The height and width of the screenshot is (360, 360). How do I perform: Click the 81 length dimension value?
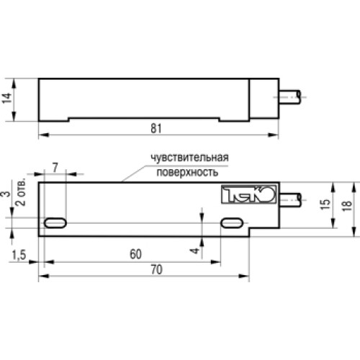point(156,129)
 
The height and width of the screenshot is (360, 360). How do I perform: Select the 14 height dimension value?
point(7,98)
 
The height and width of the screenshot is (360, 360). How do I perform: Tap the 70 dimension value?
point(156,269)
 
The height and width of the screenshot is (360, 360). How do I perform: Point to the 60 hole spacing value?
point(135,254)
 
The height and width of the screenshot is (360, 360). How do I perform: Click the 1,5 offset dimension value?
point(19,255)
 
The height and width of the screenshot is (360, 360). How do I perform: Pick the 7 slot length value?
point(55,168)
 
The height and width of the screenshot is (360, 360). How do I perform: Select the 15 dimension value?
point(325,204)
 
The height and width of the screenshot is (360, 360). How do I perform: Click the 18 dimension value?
point(347,205)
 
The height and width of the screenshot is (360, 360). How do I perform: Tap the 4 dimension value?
point(195,251)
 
